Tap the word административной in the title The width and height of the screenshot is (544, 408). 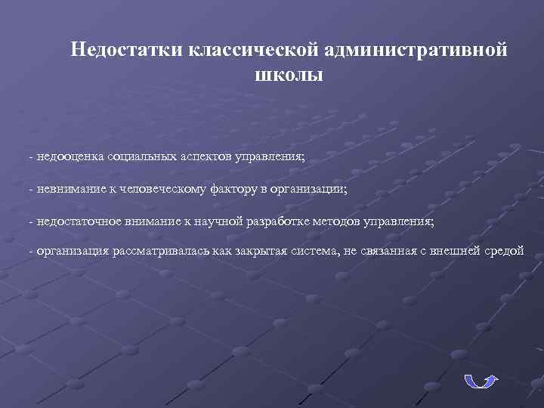click(x=417, y=51)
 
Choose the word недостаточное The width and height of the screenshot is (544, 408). click(x=79, y=221)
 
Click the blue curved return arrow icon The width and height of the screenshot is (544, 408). click(x=480, y=381)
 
